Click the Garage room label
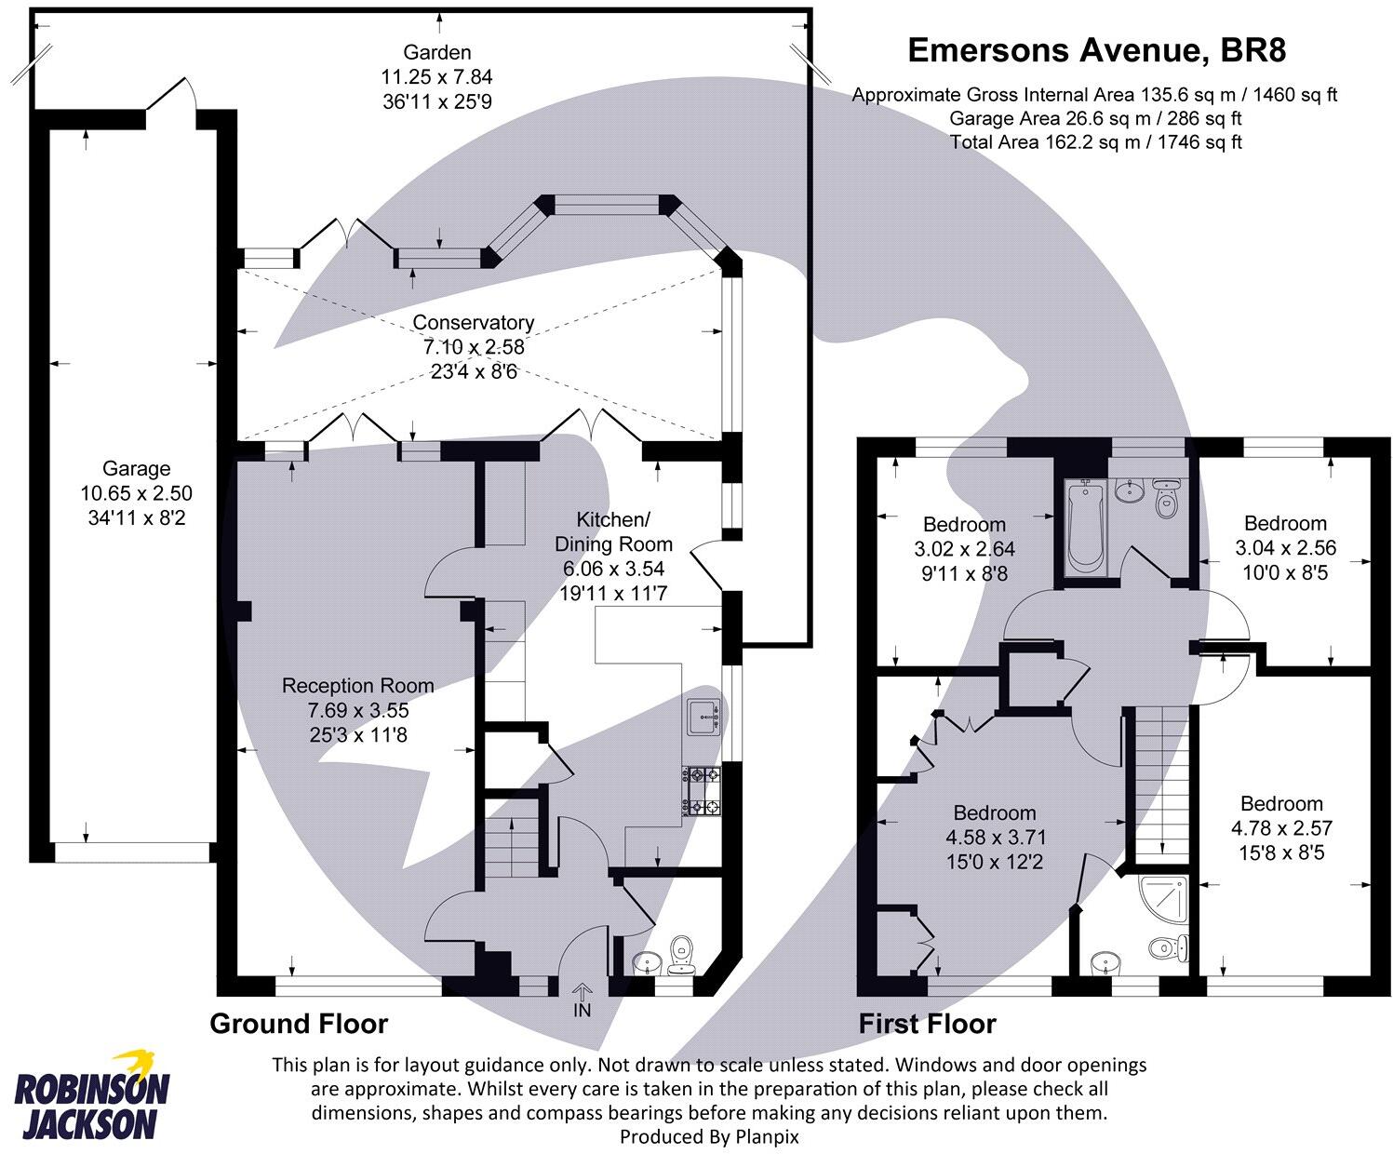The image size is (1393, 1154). tap(137, 469)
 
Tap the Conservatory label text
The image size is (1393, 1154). tap(474, 323)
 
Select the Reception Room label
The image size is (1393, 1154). tap(358, 686)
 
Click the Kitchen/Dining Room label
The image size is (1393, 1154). tap(612, 531)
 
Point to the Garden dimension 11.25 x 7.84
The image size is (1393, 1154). tap(436, 77)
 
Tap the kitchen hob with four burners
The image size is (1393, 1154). tap(703, 790)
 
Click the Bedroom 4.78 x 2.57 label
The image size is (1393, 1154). tap(1281, 803)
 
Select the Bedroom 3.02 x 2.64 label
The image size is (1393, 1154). tap(964, 524)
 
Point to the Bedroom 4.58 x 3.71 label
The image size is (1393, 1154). tap(994, 812)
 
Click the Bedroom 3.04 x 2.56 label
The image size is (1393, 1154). tap(1284, 523)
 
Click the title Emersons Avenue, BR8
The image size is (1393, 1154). tap(1096, 50)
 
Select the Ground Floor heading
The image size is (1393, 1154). tap(299, 1024)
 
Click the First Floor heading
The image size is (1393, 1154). tap(927, 1024)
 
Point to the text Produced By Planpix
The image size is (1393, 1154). tap(709, 1136)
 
